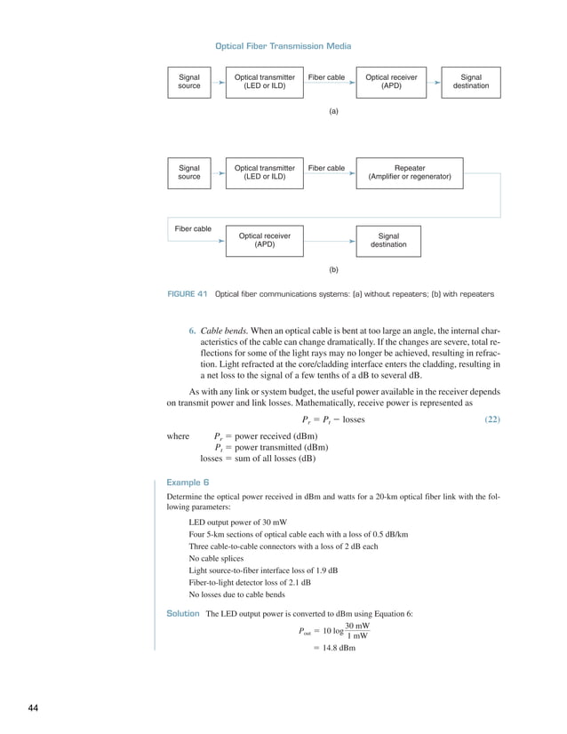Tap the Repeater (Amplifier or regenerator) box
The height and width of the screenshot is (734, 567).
tap(410, 172)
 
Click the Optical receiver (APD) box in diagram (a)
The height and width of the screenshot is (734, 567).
tap(391, 82)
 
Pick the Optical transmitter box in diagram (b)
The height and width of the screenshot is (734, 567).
tap(265, 172)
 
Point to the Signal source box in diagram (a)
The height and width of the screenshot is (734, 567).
tap(189, 82)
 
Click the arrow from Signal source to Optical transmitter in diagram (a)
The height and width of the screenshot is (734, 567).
tap(219, 82)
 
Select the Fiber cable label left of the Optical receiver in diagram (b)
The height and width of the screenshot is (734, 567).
tap(193, 229)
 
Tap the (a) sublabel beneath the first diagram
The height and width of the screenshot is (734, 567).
tap(333, 114)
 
